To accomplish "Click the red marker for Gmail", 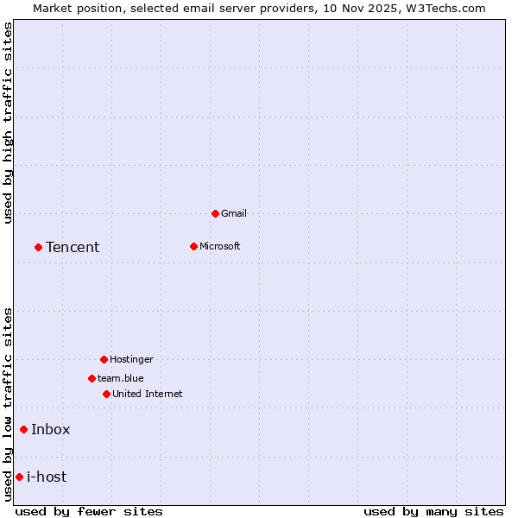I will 215,213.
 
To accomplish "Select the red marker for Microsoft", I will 193,246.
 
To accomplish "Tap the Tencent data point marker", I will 38,247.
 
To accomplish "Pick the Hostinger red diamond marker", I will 104,359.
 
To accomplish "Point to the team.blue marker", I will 92,378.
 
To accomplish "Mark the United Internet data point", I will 106,394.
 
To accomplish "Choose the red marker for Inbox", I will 23,429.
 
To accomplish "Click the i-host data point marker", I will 19,477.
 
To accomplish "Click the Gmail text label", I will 234,213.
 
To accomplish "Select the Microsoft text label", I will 220,246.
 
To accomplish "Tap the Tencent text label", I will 73,248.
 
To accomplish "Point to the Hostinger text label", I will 131,359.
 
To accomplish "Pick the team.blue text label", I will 121,378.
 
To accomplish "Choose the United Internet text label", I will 148,394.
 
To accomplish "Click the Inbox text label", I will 51,430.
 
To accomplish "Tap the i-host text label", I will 47,477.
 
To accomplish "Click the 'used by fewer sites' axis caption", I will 89,511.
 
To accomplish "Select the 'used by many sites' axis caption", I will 433,511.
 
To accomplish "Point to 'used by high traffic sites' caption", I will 9,123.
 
